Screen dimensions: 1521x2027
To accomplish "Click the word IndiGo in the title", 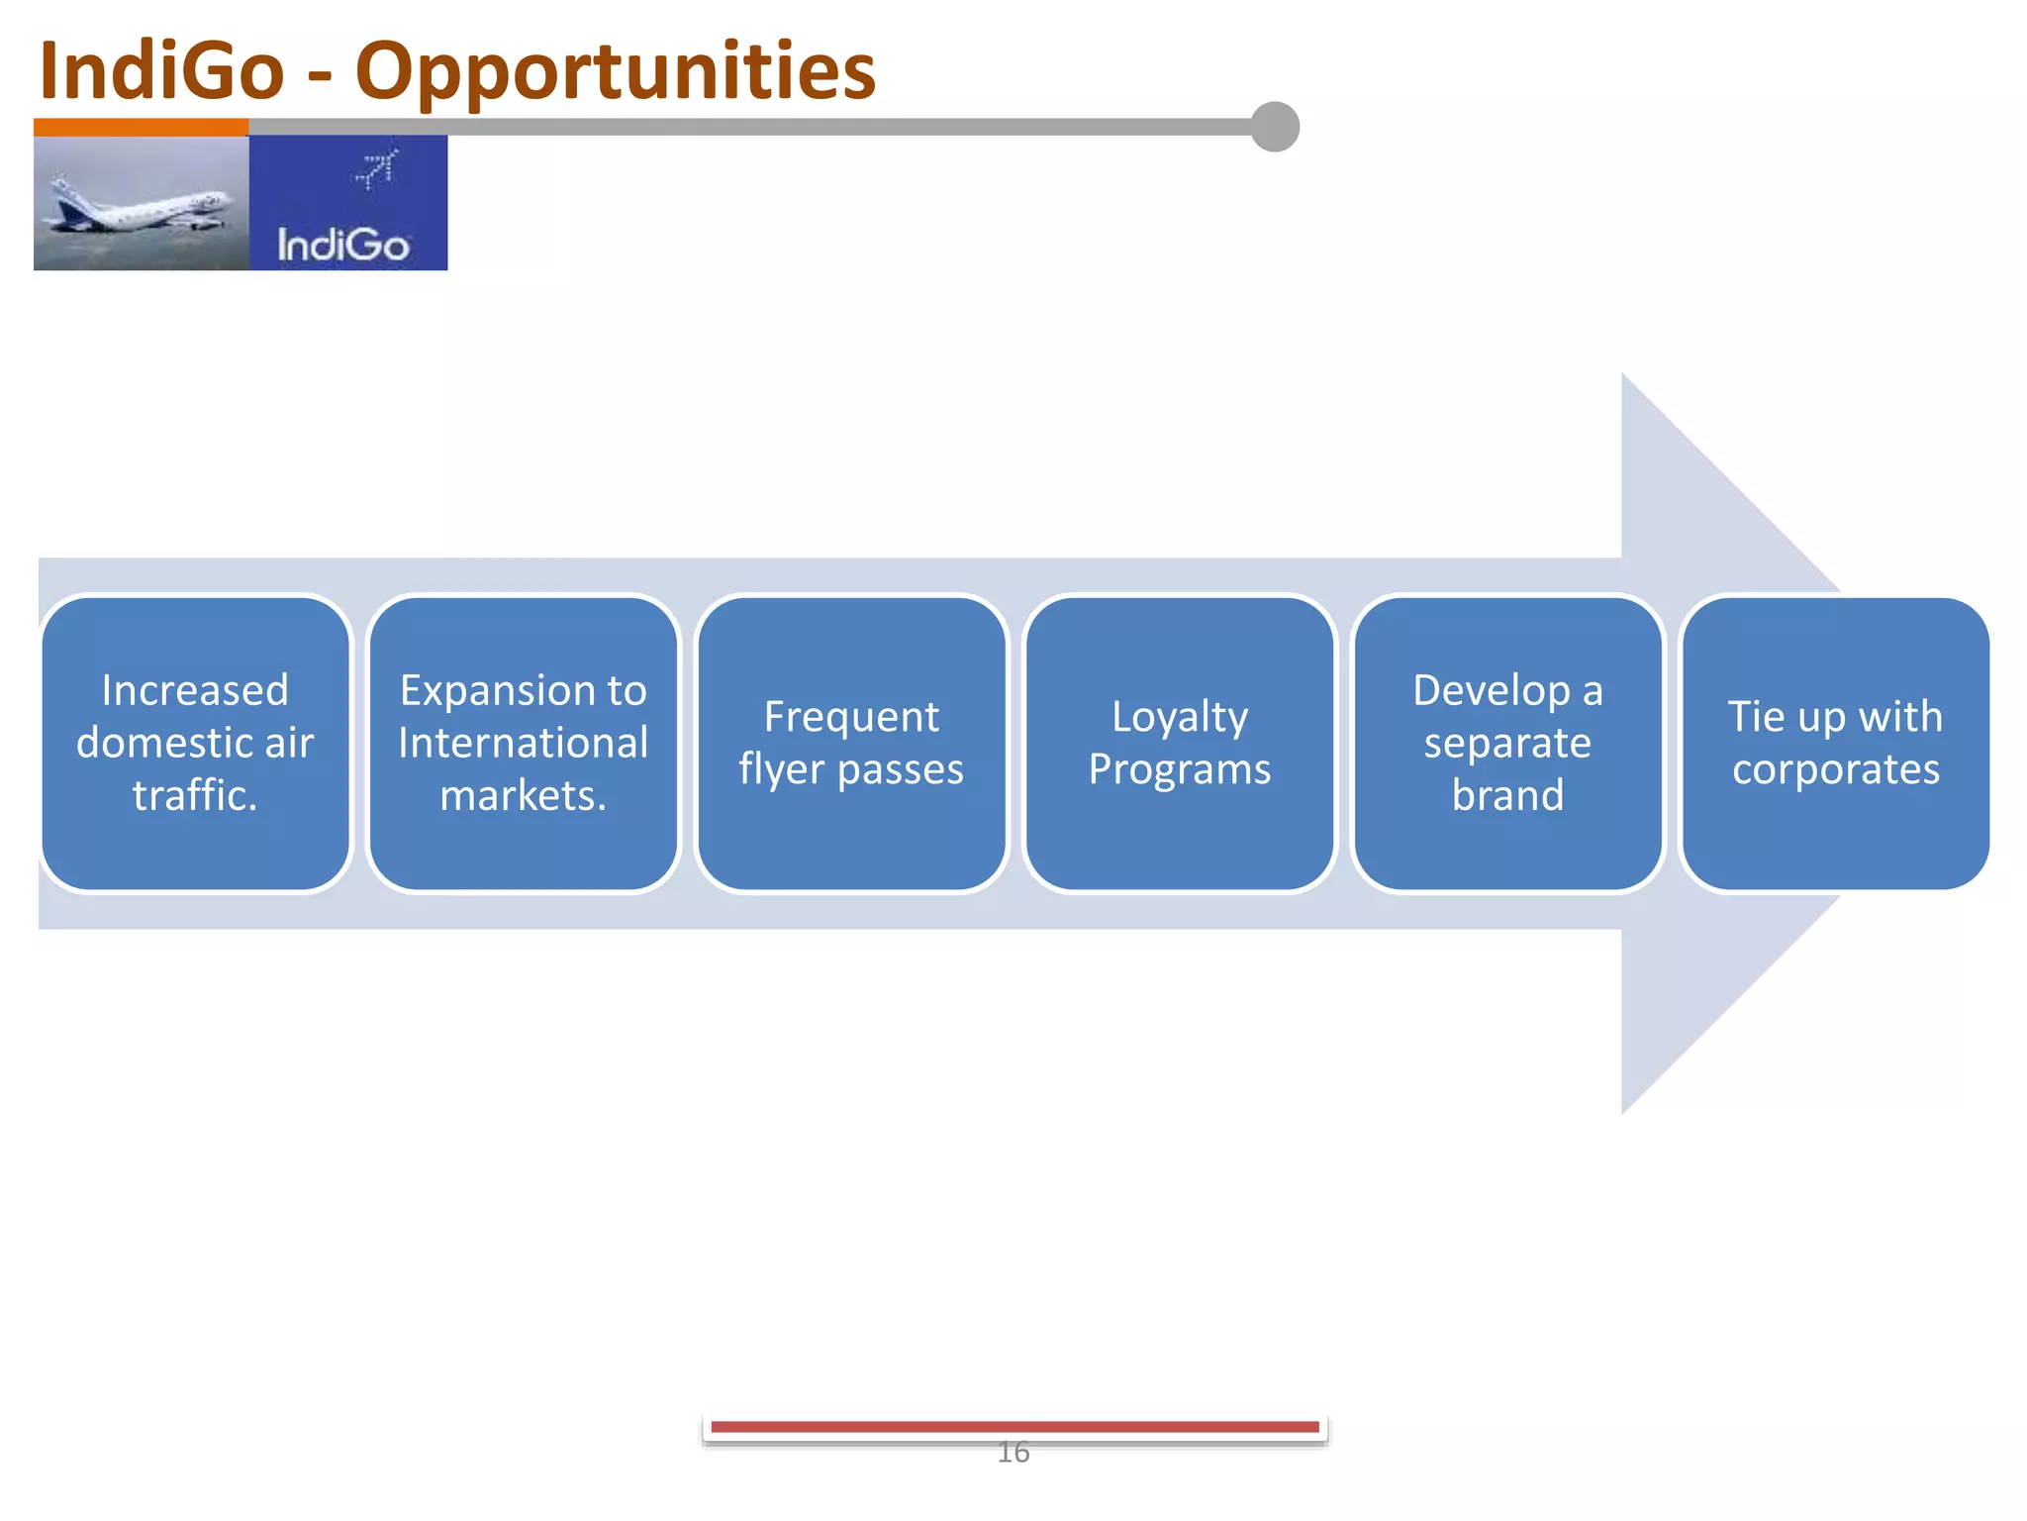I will coord(161,71).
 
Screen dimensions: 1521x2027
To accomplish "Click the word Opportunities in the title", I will coord(615,71).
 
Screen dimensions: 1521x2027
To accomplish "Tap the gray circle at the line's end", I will coord(1275,127).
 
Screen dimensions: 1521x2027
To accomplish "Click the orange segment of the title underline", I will coord(141,127).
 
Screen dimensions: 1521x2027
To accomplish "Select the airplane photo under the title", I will coord(141,203).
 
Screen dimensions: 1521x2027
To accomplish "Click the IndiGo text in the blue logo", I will coord(342,245).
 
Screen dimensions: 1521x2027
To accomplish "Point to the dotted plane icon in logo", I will coord(376,168).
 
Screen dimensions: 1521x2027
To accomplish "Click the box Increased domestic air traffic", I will coord(195,743).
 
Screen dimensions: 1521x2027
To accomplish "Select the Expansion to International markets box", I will coord(524,743).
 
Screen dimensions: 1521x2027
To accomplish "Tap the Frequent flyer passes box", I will coord(851,743).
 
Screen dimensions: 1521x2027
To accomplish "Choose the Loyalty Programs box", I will coord(1180,743).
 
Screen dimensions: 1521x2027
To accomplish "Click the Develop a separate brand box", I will coord(1507,743).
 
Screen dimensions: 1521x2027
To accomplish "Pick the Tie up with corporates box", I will coord(1836,743).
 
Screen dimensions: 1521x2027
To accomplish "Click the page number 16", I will coord(1013,1453).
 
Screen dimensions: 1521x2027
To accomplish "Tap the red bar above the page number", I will coord(1013,1427).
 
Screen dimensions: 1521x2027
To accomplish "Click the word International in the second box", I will coord(524,743).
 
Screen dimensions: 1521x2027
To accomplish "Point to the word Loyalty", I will coord(1180,717).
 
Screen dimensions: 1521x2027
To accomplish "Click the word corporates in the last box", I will coord(1836,769).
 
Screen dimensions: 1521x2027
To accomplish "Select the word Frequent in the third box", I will coord(851,717).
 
